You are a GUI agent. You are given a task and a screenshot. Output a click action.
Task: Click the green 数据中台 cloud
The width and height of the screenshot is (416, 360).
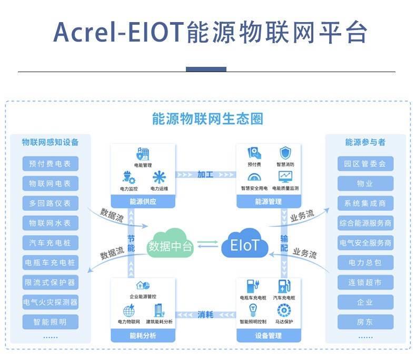171,245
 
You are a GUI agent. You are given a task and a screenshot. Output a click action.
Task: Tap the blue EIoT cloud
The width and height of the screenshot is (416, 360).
245,245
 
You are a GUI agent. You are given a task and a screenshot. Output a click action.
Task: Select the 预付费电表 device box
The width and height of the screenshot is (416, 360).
51,164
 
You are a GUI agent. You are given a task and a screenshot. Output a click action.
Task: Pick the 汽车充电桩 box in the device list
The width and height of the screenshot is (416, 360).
51,243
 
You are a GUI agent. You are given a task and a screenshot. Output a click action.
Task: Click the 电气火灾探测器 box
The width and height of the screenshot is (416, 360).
51,302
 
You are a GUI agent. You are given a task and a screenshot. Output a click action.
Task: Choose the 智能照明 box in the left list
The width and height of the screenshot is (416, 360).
51,322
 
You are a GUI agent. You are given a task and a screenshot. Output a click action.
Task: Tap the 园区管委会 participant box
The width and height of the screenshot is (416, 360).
365,164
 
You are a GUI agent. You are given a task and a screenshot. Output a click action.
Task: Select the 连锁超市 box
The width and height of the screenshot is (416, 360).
365,283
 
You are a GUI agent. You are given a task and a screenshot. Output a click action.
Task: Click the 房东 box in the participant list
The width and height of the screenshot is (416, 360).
365,322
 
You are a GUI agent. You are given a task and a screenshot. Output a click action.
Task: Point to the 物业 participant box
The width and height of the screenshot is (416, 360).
365,184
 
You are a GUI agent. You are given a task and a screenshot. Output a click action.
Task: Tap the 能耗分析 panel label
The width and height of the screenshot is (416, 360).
143,336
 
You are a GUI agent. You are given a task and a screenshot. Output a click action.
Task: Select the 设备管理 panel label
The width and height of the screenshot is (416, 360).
269,336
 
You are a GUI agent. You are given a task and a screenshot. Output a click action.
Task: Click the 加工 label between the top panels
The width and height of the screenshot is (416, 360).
205,174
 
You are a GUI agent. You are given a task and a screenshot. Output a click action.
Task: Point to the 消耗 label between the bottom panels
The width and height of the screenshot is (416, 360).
205,315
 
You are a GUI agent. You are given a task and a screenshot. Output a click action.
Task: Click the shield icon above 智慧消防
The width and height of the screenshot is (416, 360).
285,153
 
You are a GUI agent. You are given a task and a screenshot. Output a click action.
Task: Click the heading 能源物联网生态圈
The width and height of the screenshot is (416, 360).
207,118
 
